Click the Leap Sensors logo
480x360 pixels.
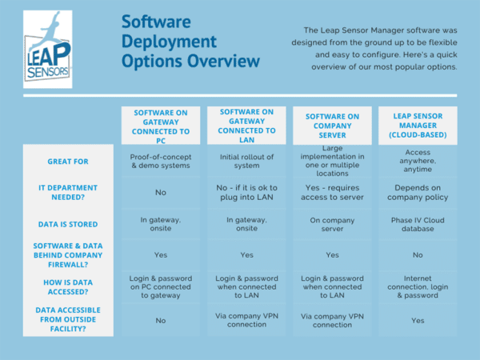[x=47, y=49]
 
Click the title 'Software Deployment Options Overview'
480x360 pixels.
[x=190, y=42]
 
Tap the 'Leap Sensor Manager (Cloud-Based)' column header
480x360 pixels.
[x=418, y=126]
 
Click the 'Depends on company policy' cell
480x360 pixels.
[x=418, y=192]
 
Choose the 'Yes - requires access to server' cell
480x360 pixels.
[x=331, y=192]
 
